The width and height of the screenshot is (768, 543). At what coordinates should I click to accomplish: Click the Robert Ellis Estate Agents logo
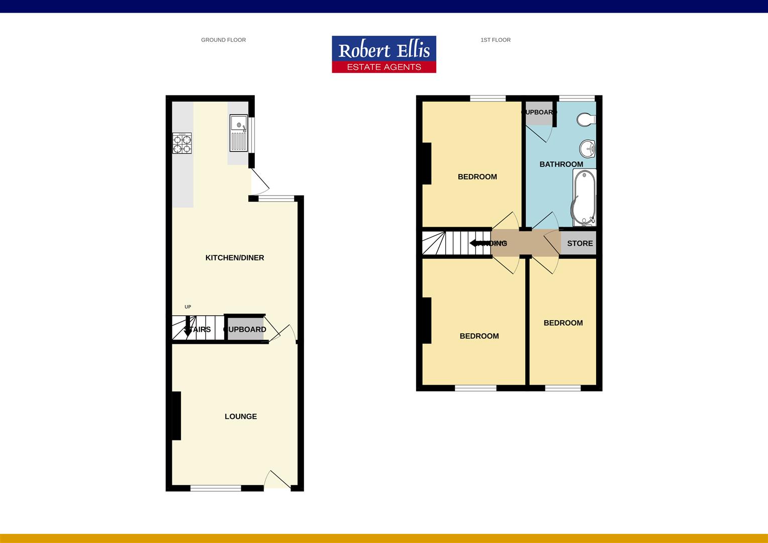383,54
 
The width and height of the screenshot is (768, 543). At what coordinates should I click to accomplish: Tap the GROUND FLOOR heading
223,40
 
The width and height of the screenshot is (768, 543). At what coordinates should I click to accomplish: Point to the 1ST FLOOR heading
495,40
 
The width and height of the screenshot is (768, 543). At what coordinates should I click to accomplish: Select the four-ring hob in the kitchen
182,143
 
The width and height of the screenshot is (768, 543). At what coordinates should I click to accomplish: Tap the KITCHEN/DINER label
235,258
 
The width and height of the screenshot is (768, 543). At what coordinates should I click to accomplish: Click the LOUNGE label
241,416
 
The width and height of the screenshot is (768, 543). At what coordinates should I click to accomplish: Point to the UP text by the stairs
187,307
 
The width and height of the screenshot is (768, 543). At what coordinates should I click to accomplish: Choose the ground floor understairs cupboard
245,329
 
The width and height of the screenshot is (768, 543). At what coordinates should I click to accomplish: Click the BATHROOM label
561,164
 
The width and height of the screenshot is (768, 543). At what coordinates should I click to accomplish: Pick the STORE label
580,243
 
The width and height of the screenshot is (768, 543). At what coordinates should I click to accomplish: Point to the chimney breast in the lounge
176,416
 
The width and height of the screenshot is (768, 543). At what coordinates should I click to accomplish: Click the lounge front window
216,488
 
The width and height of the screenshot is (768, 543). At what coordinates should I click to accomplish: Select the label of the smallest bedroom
563,323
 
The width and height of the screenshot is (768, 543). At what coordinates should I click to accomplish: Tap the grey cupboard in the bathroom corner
538,113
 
